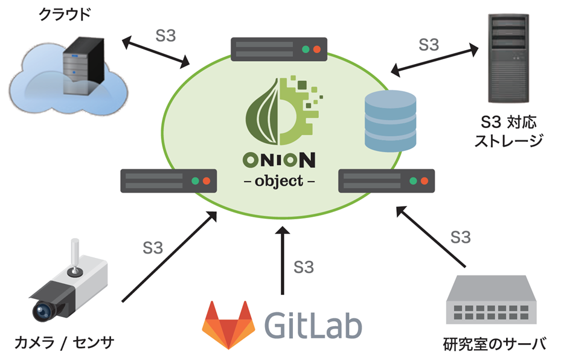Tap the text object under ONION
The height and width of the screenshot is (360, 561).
click(279, 181)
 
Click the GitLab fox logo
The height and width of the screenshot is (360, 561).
click(228, 325)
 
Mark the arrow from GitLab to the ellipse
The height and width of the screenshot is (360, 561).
click(282, 260)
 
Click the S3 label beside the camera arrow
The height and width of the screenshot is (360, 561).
click(153, 248)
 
